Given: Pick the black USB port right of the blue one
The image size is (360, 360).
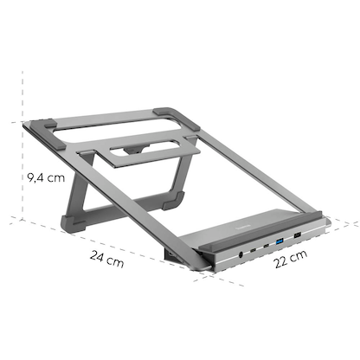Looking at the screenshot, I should [x=296, y=234].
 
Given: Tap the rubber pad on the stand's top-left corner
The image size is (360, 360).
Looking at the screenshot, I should [x=43, y=125].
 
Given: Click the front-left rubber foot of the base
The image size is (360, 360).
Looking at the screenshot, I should [x=73, y=223].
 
